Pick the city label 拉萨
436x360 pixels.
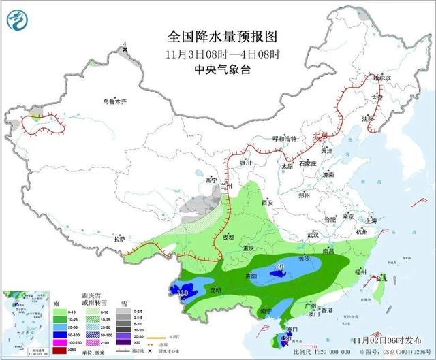pos(120,239)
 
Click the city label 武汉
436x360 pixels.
pos(313,234)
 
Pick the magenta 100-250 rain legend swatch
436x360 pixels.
pos(60,341)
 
